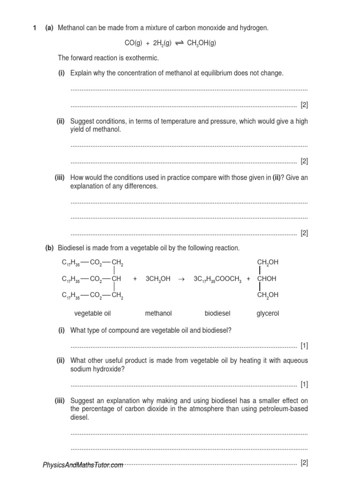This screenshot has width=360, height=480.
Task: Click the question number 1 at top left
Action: [35, 28]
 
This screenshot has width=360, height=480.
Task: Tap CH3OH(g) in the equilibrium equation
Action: [202, 43]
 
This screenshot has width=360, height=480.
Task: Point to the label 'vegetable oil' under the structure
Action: [92, 313]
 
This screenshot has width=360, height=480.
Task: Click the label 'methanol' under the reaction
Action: [158, 313]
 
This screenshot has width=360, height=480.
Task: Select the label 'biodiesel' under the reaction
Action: [217, 313]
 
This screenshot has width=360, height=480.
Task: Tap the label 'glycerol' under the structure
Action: [268, 313]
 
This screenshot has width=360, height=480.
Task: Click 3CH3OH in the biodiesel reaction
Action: [158, 278]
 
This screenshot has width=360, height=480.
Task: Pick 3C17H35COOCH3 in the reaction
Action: [217, 278]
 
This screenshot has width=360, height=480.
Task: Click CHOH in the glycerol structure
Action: [267, 278]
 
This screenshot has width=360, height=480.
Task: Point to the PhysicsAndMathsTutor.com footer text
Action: [83, 465]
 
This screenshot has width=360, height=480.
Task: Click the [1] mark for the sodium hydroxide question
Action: [304, 385]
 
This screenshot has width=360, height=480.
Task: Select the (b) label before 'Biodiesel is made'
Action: [49, 247]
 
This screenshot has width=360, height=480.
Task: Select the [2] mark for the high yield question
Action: [304, 161]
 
